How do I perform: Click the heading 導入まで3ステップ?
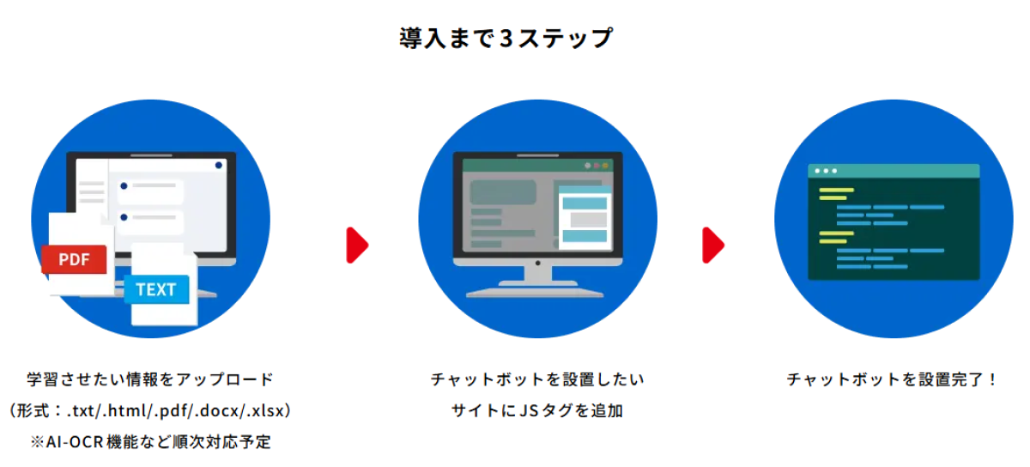pyautogui.click(x=506, y=38)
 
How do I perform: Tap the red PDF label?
pyautogui.click(x=74, y=259)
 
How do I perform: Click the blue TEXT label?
pyautogui.click(x=156, y=289)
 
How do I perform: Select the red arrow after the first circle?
pyautogui.click(x=357, y=246)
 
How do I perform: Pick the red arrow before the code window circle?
pyautogui.click(x=713, y=246)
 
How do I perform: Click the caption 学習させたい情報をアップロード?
pyautogui.click(x=150, y=379)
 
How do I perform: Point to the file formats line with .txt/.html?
pyautogui.click(x=150, y=410)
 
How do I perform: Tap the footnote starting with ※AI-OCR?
pyautogui.click(x=151, y=442)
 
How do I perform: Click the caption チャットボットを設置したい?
pyautogui.click(x=537, y=379)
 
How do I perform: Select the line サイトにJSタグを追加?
pyautogui.click(x=537, y=410)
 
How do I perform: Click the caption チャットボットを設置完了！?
pyautogui.click(x=892, y=379)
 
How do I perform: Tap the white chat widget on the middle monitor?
pyautogui.click(x=585, y=218)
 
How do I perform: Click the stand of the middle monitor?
pyautogui.click(x=537, y=282)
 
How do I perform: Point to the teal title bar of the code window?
pyautogui.click(x=894, y=171)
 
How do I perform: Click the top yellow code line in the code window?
pyautogui.click(x=836, y=190)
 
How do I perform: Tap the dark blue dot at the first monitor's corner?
pyautogui.click(x=218, y=165)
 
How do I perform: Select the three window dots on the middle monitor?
pyautogui.click(x=596, y=166)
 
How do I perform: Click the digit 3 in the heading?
pyautogui.click(x=506, y=38)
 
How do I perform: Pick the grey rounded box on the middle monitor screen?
pyautogui.click(x=503, y=191)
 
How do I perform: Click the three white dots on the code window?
pyautogui.click(x=826, y=171)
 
